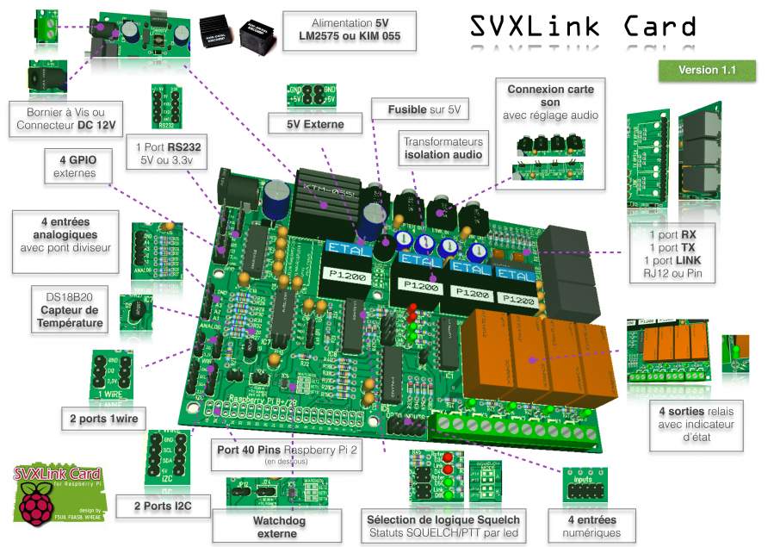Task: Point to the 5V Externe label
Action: tap(316, 124)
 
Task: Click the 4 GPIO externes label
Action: tap(80, 166)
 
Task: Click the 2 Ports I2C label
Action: tap(162, 507)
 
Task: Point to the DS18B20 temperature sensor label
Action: tap(70, 310)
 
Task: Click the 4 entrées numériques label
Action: tap(594, 525)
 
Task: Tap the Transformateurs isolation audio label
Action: tap(443, 148)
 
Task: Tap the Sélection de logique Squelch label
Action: tap(443, 525)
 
